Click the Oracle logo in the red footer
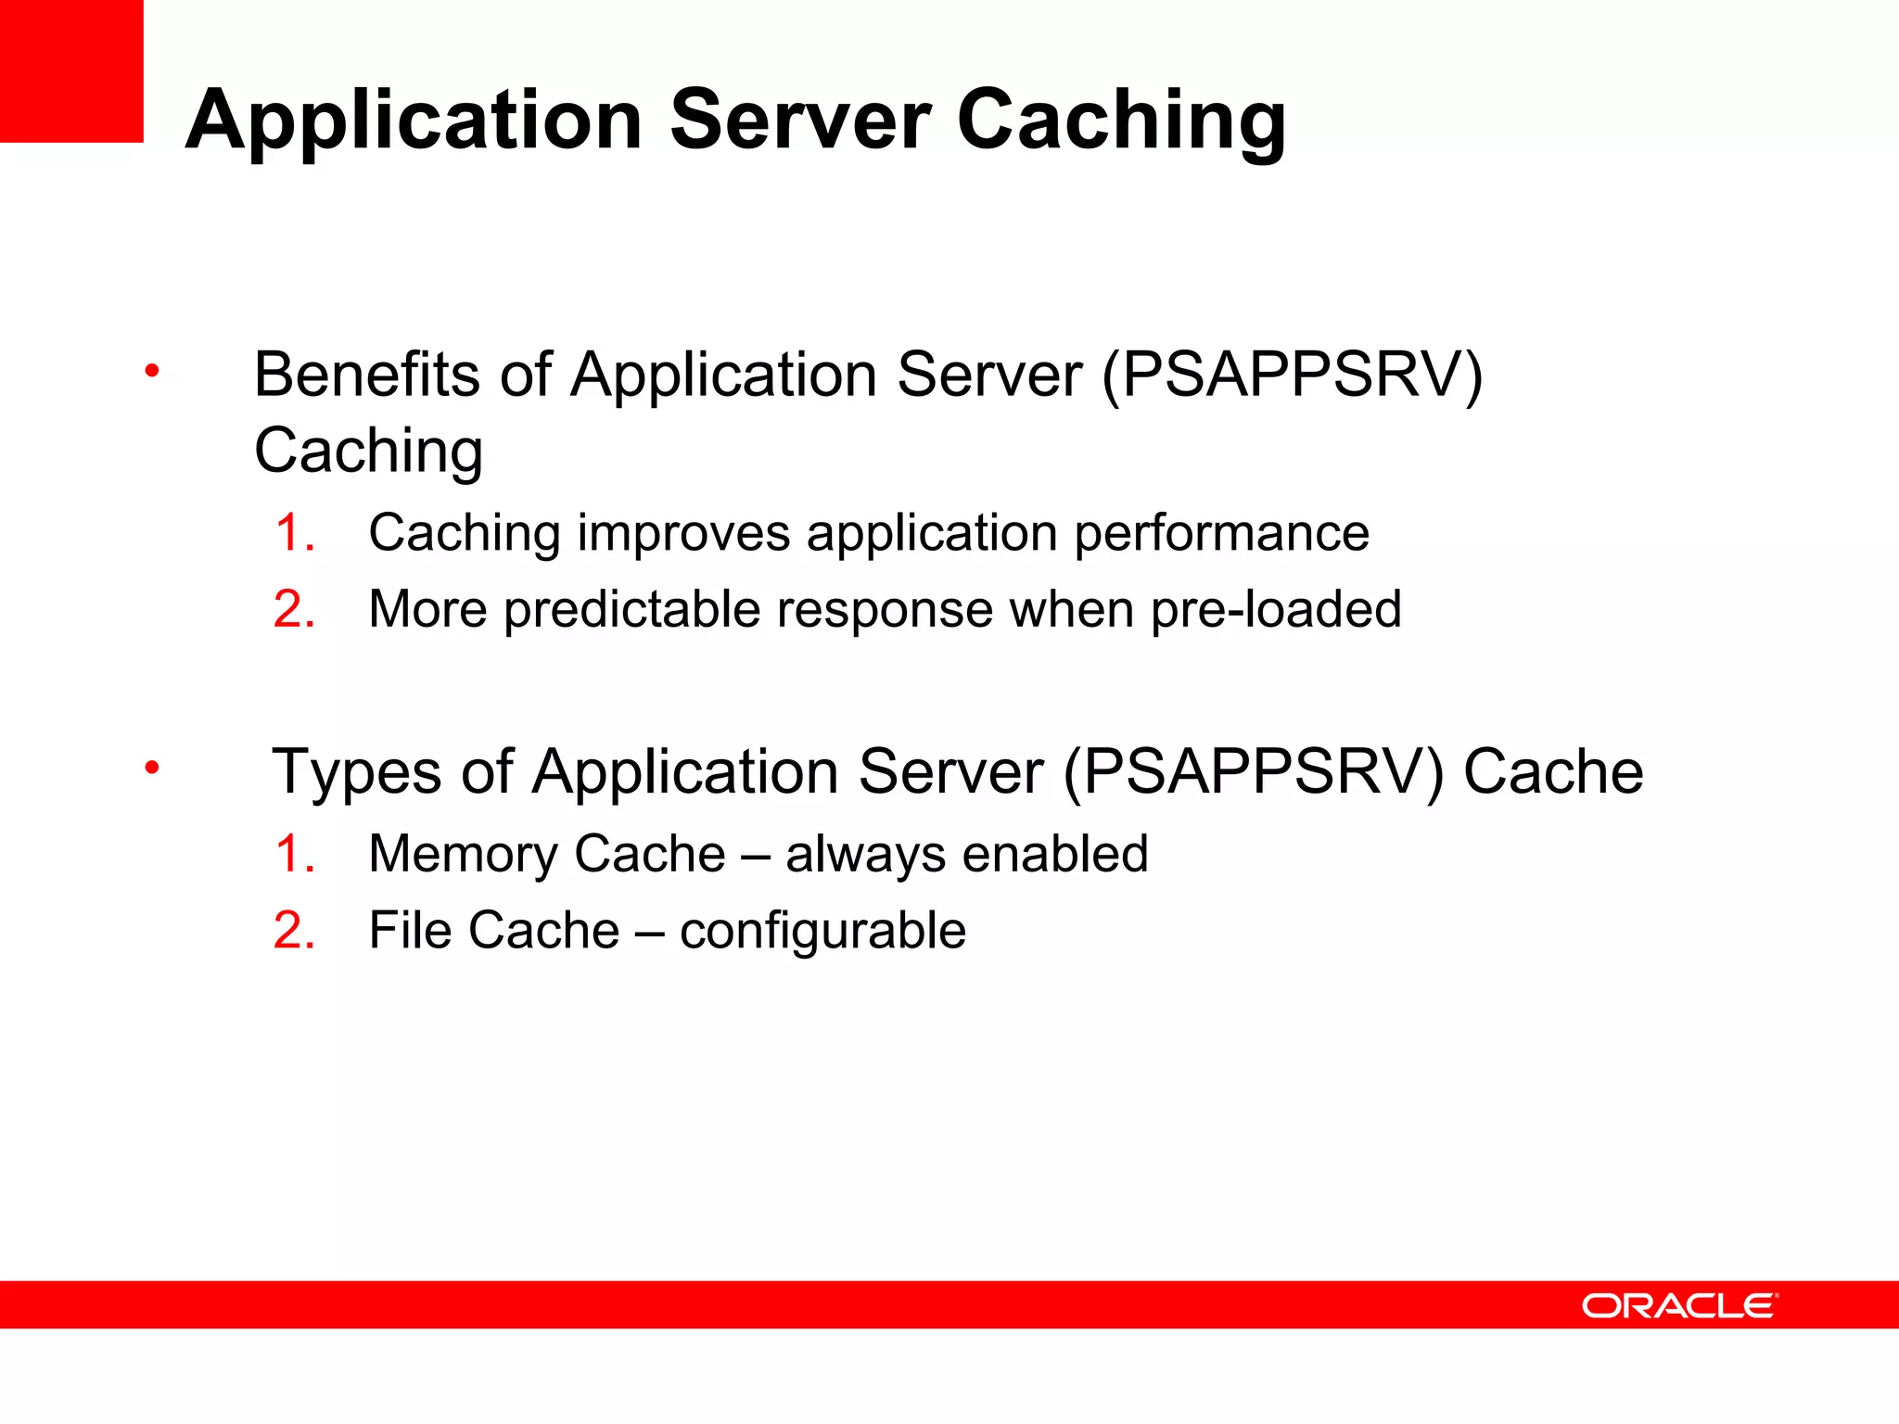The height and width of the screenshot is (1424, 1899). [1679, 1306]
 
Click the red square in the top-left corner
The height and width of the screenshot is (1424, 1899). [71, 71]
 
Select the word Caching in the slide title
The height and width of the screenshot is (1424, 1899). [1120, 121]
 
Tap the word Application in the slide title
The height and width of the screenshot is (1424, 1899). [414, 121]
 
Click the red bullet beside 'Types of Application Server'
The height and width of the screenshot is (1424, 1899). [152, 768]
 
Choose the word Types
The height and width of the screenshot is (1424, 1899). [356, 772]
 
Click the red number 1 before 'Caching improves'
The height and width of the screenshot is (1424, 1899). [294, 533]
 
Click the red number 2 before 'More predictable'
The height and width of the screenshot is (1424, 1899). [294, 610]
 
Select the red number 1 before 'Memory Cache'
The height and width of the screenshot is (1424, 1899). [294, 854]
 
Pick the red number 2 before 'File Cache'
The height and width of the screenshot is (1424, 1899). [294, 931]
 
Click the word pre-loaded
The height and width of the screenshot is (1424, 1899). [1276, 611]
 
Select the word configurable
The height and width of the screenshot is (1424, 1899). [822, 932]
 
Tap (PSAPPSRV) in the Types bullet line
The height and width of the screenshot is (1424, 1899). [1254, 772]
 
